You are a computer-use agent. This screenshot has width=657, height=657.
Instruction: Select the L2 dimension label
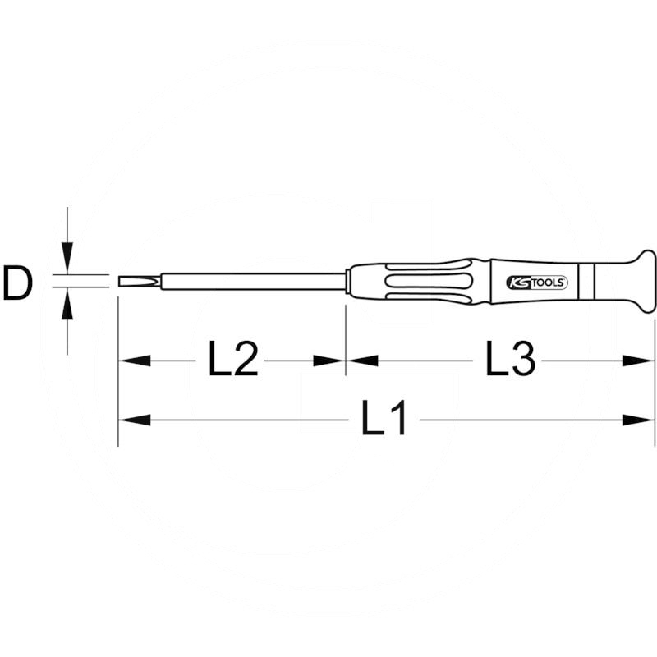tap(233, 360)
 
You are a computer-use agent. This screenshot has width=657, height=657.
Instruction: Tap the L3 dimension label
tap(510, 360)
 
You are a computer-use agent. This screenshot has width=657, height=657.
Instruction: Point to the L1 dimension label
tap(384, 420)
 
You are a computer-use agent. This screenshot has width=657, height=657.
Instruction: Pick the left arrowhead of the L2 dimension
tap(134, 361)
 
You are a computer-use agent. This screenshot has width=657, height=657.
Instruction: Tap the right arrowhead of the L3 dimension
tap(640, 361)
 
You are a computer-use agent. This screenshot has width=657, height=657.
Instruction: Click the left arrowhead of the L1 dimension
tap(134, 420)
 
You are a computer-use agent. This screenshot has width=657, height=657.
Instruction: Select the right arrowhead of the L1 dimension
tap(640, 420)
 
